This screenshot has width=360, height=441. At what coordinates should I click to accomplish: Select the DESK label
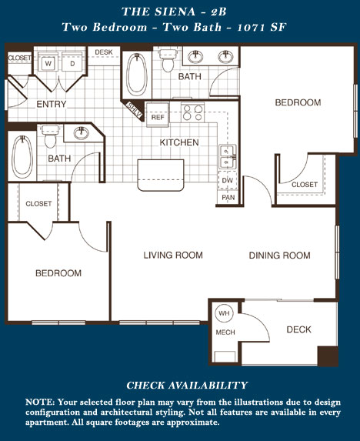tap(104, 52)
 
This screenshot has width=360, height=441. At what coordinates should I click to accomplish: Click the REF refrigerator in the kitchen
tap(158, 115)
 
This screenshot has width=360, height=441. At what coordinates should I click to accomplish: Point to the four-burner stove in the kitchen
tap(193, 112)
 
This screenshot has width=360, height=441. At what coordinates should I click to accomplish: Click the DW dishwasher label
tap(228, 180)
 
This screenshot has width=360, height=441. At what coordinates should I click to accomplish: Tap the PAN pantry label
tap(228, 198)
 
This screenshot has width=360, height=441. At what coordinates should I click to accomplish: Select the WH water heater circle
tap(224, 313)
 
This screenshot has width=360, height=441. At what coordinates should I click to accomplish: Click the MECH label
tap(225, 332)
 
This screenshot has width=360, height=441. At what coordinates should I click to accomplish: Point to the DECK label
tap(298, 329)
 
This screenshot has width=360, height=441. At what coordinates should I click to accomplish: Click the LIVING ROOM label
tap(173, 255)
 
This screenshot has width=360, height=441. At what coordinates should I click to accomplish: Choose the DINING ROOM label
tap(280, 255)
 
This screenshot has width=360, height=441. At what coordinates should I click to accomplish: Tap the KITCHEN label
tap(179, 142)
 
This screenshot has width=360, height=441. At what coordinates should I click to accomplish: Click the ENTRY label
tap(51, 104)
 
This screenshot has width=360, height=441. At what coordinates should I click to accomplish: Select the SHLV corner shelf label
tap(134, 110)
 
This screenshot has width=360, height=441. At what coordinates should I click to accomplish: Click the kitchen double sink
tap(228, 157)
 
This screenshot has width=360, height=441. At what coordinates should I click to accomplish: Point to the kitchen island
tap(161, 175)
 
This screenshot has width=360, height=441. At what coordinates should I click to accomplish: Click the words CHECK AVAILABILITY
tap(187, 386)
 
